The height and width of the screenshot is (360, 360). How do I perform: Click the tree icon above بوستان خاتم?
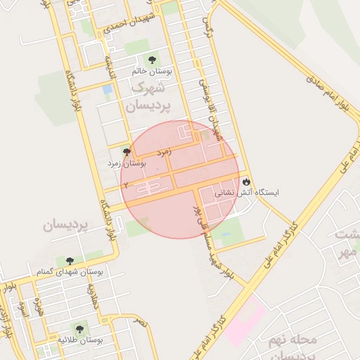(150, 60)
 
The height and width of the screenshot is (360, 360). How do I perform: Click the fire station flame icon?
(246, 181)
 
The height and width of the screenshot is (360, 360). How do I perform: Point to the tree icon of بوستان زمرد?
(127, 152)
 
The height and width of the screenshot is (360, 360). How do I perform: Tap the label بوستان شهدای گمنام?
(70, 271)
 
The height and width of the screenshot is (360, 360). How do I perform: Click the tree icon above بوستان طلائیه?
(77, 328)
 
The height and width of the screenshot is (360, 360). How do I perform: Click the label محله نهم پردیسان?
(292, 347)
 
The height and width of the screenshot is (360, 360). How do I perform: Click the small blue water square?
(107, 90)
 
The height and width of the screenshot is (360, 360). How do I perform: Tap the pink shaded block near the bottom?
(245, 321)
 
